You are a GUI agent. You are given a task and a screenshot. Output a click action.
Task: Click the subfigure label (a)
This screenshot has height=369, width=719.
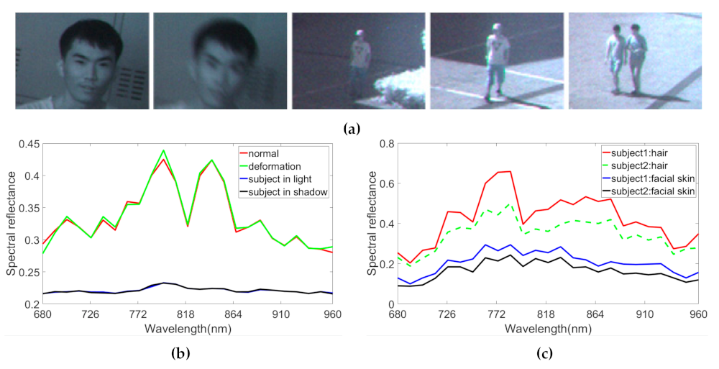pyautogui.click(x=352, y=129)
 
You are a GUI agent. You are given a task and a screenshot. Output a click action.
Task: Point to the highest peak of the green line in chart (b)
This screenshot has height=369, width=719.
pyautogui.click(x=163, y=150)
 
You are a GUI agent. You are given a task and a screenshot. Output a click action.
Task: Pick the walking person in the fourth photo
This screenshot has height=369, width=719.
pyautogui.click(x=495, y=61)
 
